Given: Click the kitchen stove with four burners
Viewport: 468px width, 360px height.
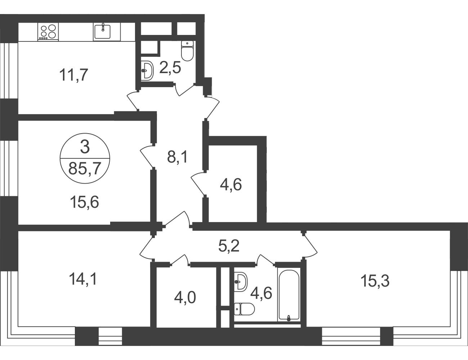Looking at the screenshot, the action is click(x=48, y=32).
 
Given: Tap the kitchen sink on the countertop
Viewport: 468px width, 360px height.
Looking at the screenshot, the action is click(x=103, y=32).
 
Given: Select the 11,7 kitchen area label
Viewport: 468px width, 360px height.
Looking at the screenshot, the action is click(x=74, y=75).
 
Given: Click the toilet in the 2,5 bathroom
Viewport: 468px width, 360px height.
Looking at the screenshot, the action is click(x=187, y=51).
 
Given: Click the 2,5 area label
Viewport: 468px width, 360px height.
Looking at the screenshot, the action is click(x=170, y=68).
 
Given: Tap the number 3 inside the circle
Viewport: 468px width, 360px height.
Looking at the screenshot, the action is click(x=85, y=147).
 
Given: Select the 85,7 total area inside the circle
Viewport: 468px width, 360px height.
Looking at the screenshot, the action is click(x=85, y=168).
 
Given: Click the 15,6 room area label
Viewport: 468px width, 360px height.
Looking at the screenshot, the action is click(x=85, y=202).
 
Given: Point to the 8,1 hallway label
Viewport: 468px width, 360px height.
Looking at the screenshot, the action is click(x=178, y=157).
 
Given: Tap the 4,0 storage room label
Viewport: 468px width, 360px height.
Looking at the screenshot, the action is click(x=185, y=298).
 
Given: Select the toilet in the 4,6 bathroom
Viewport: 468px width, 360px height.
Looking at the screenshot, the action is click(x=244, y=309).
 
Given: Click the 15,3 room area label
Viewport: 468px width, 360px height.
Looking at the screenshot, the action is click(x=375, y=281).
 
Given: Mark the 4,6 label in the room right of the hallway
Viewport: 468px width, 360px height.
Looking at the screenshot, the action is click(x=231, y=185).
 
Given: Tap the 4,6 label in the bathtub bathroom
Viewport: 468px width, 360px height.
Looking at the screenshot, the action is click(x=261, y=293).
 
